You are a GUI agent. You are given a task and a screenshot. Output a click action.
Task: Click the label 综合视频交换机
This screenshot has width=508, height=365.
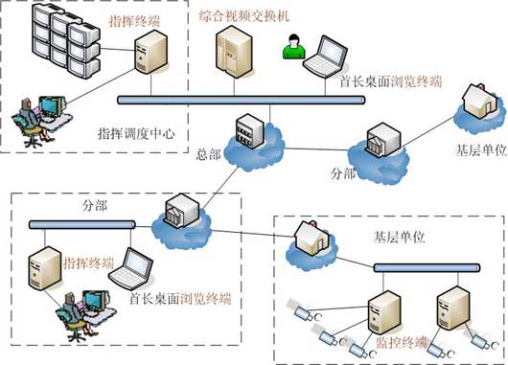pos(244,16)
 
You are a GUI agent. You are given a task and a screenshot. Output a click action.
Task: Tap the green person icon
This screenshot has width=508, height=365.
pos(294,47)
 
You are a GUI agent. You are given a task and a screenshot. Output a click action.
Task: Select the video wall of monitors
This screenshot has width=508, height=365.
pos(66,40)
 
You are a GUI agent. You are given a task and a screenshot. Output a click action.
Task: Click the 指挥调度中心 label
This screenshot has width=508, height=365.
pos(136,133)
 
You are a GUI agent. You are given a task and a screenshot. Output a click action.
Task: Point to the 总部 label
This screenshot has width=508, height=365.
pos(208,154)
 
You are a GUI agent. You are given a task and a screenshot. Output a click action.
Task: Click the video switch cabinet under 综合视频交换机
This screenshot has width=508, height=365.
pos(234,52)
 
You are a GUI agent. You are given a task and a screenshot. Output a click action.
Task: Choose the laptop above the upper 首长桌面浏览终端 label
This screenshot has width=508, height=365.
pos(326,57)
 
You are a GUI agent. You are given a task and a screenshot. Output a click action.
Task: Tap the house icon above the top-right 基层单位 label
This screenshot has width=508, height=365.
pos(480,100)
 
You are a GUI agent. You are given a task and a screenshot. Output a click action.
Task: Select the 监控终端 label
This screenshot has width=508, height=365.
pos(402,343)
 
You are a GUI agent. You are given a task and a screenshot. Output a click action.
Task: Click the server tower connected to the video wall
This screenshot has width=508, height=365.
pos(151,52)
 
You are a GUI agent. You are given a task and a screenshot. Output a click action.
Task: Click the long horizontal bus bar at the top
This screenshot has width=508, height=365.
pos(241,100)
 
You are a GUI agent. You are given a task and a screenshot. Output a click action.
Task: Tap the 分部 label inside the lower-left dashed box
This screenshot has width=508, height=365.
pos(95,206)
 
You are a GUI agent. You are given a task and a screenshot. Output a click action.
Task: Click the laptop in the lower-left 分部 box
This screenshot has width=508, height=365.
pos(131,269)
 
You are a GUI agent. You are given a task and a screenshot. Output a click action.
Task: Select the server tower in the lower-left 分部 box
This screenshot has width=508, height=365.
pos(45,268)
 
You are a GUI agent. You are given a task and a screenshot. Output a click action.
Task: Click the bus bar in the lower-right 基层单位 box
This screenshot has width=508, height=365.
pos(427,268)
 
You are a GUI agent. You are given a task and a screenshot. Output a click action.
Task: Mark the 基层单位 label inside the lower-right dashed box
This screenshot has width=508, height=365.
pos(399,238)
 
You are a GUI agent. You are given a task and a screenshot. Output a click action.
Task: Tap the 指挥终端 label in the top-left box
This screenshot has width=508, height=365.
pos(134,22)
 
